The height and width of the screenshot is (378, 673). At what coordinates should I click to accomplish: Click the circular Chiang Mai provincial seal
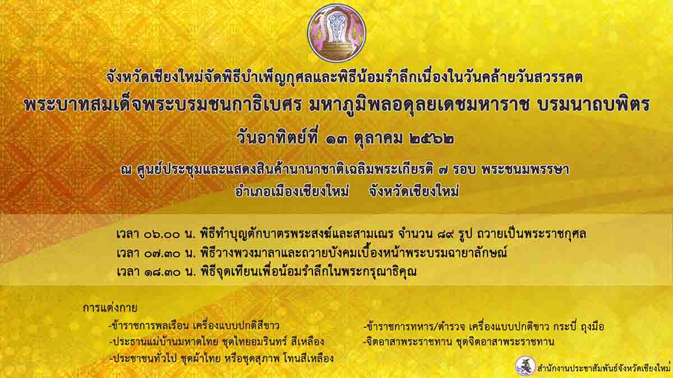[x=336, y=34]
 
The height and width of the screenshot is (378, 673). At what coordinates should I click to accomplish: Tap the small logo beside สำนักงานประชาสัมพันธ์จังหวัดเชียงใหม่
[x=525, y=366]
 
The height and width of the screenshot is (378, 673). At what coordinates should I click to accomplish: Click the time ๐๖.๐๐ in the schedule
[x=162, y=235]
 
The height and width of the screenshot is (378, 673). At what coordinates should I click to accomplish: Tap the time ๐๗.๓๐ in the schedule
[x=162, y=254]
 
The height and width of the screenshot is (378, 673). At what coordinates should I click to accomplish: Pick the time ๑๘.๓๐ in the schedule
[x=162, y=272]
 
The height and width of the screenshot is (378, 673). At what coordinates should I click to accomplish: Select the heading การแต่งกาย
[x=110, y=309]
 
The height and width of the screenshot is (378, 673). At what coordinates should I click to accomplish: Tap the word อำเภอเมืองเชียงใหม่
[x=292, y=192]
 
